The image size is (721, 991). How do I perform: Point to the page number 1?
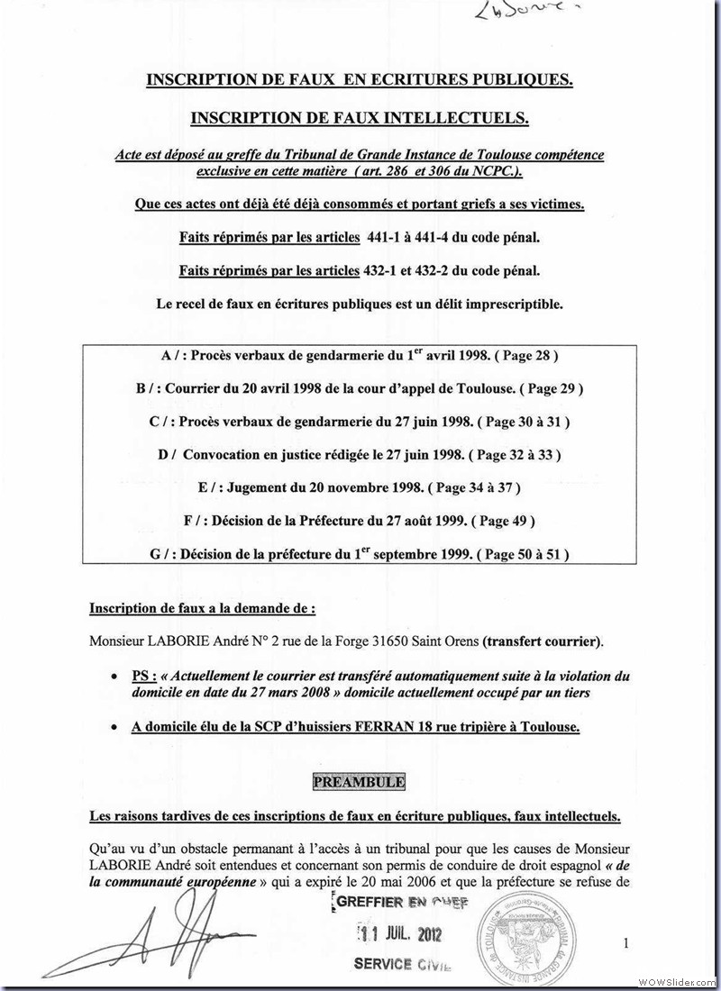pyautogui.click(x=625, y=943)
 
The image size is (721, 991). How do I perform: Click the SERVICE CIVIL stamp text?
pyautogui.click(x=402, y=963)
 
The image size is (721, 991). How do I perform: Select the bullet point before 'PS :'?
pyautogui.click(x=112, y=676)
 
